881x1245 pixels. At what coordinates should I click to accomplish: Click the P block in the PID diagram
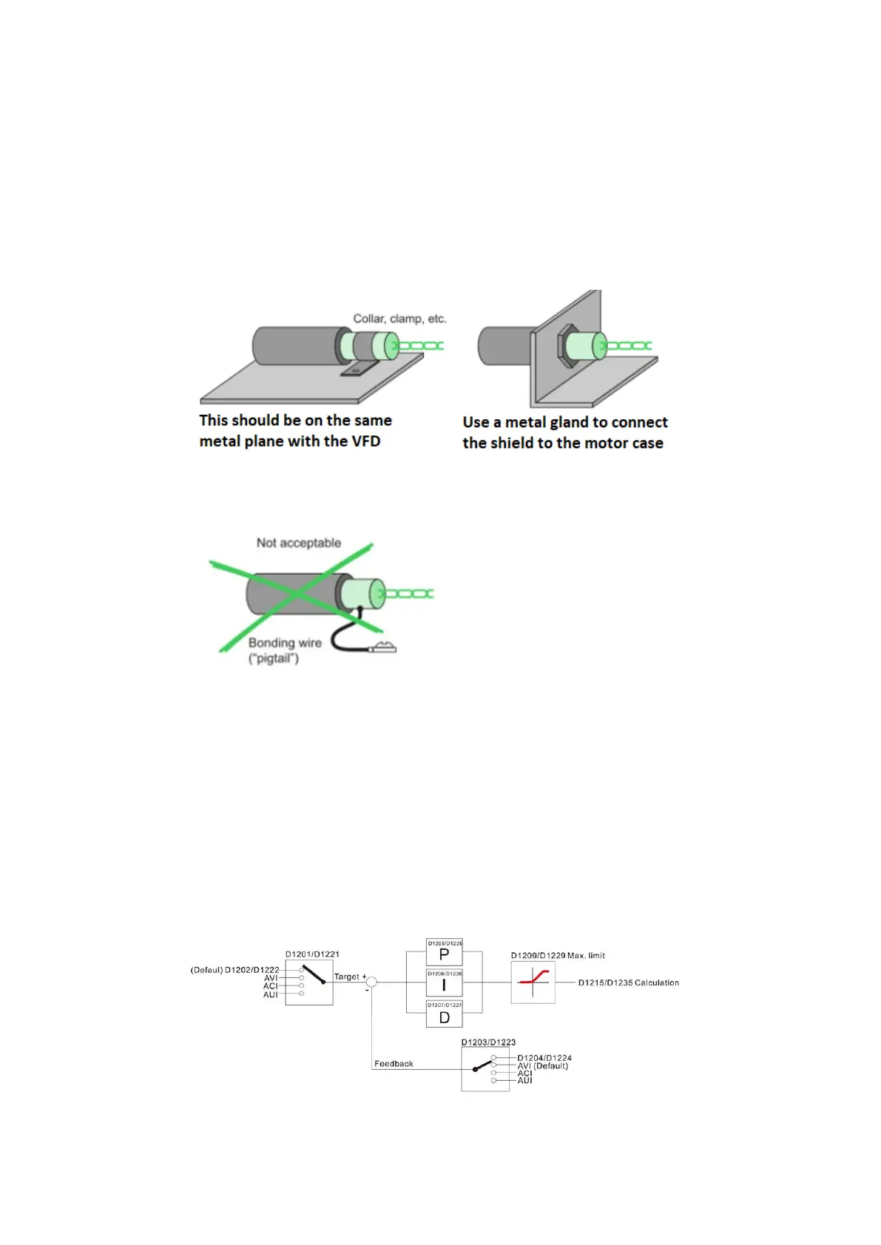[x=444, y=954]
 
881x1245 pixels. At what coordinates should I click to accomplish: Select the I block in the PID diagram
[x=444, y=985]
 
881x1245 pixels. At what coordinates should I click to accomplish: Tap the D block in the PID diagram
[x=444, y=1017]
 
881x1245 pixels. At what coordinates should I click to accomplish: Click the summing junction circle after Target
[x=372, y=982]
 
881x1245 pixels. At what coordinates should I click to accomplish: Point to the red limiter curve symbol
[x=533, y=981]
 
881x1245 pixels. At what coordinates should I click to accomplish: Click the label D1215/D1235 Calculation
[x=628, y=983]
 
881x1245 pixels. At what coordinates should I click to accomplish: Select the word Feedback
[x=394, y=1064]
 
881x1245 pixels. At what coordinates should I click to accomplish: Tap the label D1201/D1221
[x=312, y=954]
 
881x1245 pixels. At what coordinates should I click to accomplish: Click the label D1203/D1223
[x=488, y=1042]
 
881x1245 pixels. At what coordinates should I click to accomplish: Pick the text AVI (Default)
[x=542, y=1066]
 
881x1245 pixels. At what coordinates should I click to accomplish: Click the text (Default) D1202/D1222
[x=235, y=970]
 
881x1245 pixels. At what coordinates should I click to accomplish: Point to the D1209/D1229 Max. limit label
[x=558, y=956]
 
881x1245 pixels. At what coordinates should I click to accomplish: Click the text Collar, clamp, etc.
[x=399, y=319]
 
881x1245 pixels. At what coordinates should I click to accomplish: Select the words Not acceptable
[x=299, y=543]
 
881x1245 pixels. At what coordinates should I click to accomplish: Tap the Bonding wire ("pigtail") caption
[x=284, y=651]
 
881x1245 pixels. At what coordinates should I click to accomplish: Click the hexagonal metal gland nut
[x=567, y=345]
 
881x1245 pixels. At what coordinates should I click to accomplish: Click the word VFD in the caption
[x=365, y=441]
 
